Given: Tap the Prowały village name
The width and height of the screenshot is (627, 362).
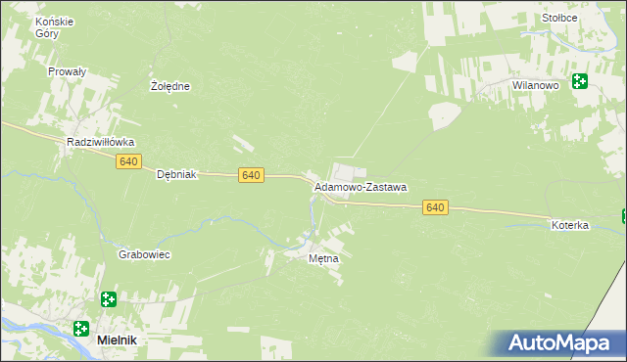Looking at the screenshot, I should [x=68, y=71].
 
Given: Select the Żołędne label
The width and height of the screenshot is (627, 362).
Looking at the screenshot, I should [x=169, y=86].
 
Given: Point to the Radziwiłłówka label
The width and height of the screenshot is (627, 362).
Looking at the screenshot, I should [x=100, y=142].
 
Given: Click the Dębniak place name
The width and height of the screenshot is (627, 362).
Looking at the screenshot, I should [x=177, y=175].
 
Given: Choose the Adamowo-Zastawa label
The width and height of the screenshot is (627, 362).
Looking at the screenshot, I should [x=361, y=186].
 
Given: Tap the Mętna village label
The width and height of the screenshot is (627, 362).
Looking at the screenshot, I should [x=323, y=259].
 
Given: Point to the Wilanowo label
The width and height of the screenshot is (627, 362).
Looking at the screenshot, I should [x=535, y=86].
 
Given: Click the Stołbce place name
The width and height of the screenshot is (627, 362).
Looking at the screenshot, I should [x=559, y=18].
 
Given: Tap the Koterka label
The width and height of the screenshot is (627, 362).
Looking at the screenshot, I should [x=569, y=225].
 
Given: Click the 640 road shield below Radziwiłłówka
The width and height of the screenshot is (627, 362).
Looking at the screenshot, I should [x=128, y=161].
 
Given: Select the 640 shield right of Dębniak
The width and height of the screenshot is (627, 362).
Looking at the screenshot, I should [x=251, y=175].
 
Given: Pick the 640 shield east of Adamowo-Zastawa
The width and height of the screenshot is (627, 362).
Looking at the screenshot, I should [x=436, y=207].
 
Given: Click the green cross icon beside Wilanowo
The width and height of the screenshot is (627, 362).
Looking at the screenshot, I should [x=579, y=81].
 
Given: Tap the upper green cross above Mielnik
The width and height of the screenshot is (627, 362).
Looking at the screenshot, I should [x=108, y=299].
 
